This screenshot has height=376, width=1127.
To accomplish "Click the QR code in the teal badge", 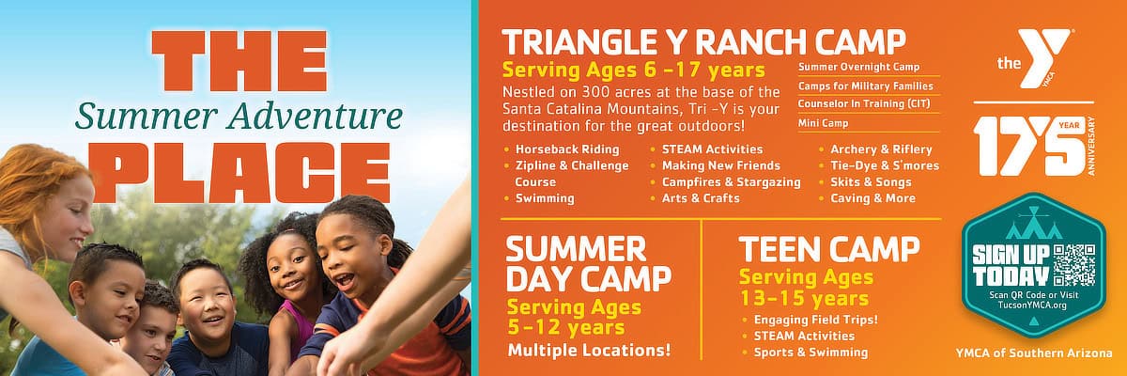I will (x=1074, y=264).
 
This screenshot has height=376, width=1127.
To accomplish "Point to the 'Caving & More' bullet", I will (x=872, y=198).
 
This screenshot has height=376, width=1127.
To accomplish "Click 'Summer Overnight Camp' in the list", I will (x=858, y=67).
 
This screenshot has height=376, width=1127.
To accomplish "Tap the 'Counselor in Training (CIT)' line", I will (x=864, y=104).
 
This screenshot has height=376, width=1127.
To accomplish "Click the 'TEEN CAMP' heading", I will (x=828, y=249).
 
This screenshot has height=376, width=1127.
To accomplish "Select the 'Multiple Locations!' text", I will (x=590, y=352).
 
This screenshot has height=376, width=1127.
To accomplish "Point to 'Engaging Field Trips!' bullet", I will (x=815, y=320).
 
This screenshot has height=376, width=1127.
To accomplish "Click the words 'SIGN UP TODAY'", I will (x=1011, y=266).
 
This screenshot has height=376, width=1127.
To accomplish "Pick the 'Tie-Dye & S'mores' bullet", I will (x=884, y=165).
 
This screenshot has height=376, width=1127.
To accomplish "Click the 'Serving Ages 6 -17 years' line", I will (x=633, y=70).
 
